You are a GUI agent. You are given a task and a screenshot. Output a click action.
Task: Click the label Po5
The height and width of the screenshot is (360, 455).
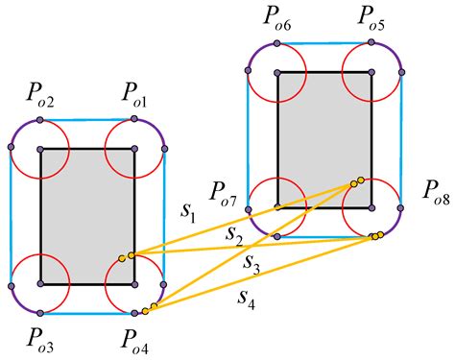[x=375, y=17]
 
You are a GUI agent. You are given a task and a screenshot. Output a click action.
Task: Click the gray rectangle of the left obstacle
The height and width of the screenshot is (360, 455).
[x=86, y=216]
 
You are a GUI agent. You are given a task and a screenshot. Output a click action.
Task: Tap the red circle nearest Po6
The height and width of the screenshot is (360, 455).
[x=277, y=72]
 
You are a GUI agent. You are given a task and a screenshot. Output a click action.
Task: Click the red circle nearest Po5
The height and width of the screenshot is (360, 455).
[x=371, y=72]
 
